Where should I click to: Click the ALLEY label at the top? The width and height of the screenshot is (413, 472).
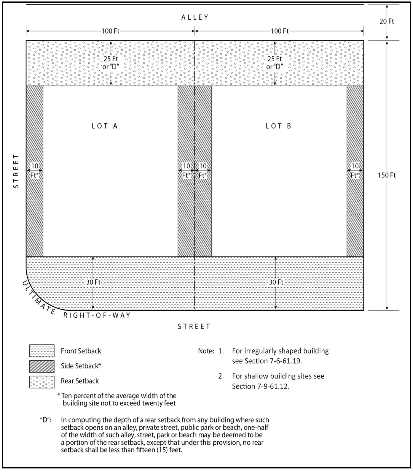[195, 18]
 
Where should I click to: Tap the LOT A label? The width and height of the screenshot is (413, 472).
[105, 126]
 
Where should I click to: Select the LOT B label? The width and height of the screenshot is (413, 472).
[278, 126]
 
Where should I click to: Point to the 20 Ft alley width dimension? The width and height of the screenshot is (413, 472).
[387, 21]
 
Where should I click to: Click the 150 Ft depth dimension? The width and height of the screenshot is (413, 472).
[387, 175]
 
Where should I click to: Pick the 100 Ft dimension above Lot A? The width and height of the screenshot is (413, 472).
[110, 31]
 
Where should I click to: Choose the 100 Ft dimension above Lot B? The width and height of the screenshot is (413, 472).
[280, 31]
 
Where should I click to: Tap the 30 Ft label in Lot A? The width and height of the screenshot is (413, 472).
[93, 282]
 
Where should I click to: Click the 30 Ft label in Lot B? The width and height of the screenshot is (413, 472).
[276, 282]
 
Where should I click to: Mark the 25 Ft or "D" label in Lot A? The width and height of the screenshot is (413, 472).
[111, 63]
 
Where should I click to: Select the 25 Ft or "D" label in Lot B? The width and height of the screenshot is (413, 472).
[275, 63]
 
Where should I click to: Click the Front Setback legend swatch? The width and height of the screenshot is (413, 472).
[42, 351]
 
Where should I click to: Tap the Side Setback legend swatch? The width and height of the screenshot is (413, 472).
[42, 366]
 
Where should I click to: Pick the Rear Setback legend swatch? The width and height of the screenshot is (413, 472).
[42, 382]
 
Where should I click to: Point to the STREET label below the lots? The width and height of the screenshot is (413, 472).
[194, 327]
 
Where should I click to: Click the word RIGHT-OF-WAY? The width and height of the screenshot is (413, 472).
[97, 315]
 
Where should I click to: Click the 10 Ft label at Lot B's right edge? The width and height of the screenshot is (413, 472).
[355, 170]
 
